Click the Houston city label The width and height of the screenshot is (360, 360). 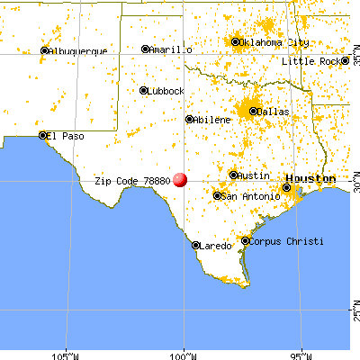(310, 178)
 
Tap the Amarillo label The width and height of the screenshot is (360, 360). (171, 49)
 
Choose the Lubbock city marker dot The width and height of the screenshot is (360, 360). (144, 90)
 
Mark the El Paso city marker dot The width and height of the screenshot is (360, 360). (41, 136)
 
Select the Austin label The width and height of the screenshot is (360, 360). (254, 175)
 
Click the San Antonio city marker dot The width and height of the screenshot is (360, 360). (217, 195)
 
